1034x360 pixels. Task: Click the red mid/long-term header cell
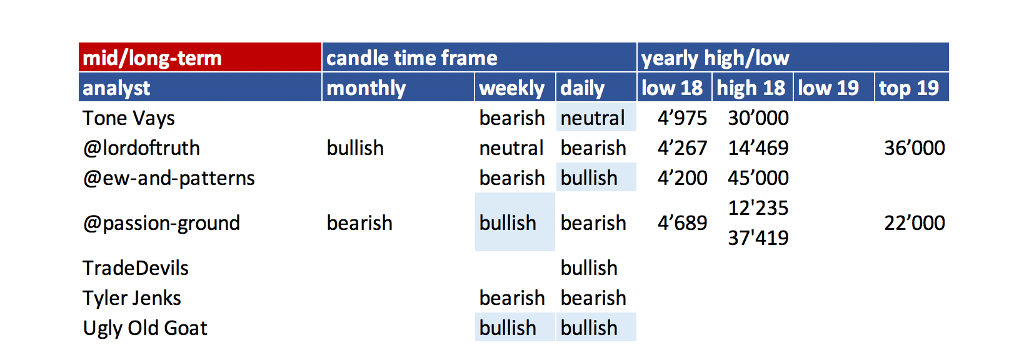[200, 57]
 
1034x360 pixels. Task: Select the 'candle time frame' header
[412, 58]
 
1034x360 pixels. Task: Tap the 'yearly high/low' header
[715, 58]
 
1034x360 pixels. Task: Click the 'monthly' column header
[366, 87]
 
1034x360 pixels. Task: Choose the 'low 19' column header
[828, 87]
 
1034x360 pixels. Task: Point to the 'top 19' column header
[908, 87]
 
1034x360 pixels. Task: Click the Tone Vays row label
[129, 118]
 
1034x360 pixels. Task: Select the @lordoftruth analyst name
[141, 148]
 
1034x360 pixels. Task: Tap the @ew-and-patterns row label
[169, 178]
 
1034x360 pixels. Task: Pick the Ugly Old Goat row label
[145, 328]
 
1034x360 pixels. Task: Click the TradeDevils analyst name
[136, 268]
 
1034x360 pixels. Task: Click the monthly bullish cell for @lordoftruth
[355, 148]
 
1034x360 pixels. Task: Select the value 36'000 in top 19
[915, 148]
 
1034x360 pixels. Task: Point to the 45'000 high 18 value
[758, 178]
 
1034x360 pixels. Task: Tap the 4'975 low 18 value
[682, 118]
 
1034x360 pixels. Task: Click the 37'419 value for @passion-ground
[758, 238]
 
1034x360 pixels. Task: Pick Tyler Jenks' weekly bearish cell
[512, 298]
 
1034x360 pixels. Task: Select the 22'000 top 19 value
[915, 223]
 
